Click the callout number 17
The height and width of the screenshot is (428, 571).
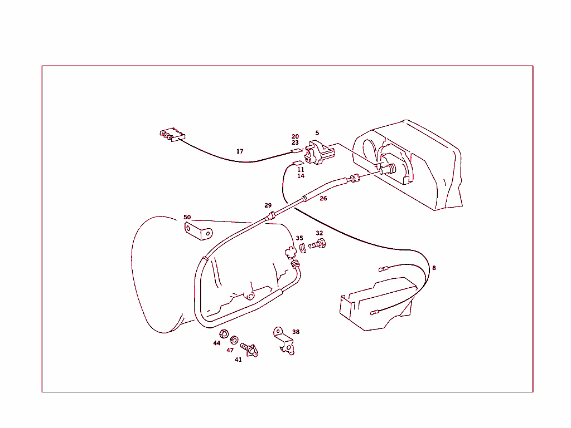[240, 151]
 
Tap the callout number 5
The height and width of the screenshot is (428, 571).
[317, 133]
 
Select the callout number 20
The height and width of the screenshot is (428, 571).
[295, 136]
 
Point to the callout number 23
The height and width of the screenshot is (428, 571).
[295, 143]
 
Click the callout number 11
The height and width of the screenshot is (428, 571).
[301, 169]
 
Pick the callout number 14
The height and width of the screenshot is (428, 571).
[301, 176]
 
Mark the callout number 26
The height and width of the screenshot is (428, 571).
[323, 198]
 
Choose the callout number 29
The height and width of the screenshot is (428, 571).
[268, 205]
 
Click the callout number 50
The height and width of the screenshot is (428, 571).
[187, 217]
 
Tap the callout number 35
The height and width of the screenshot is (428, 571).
[299, 238]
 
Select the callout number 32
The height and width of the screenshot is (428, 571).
[319, 233]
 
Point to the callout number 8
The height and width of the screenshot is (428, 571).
[434, 268]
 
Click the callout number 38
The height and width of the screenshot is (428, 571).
[296, 332]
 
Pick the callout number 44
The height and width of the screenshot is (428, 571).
[217, 343]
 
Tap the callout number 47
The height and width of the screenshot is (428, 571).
[230, 351]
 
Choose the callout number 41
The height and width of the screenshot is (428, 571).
[238, 360]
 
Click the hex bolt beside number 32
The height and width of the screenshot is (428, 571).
[317, 244]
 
